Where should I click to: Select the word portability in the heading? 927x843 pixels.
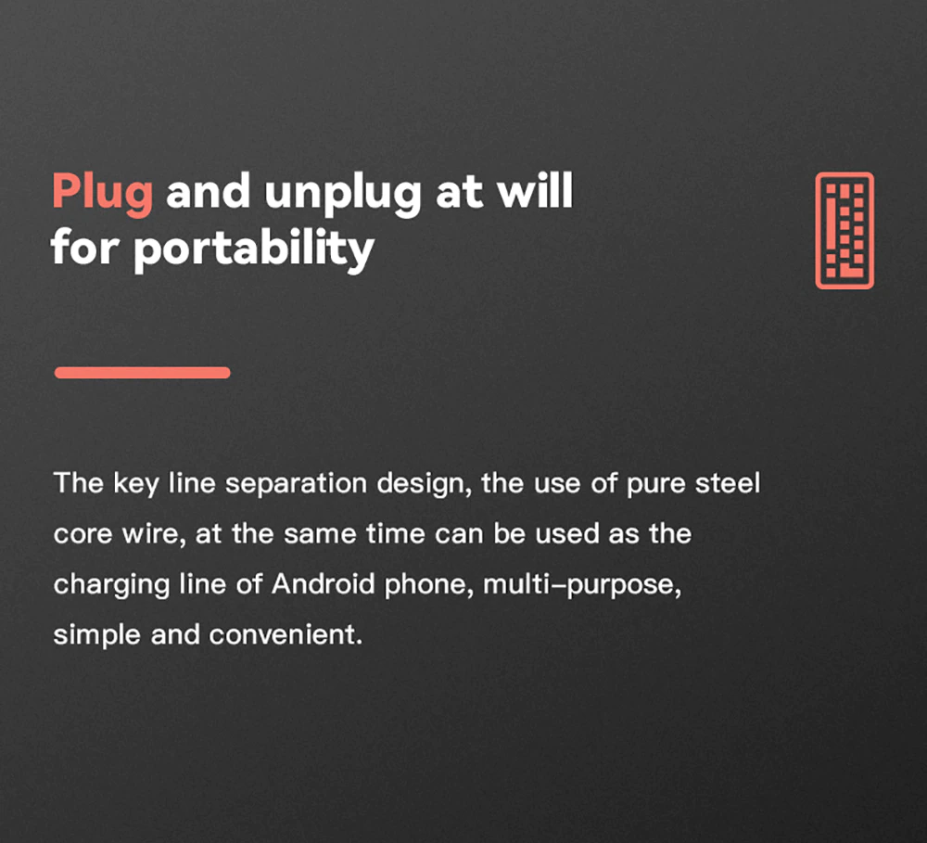click(x=254, y=249)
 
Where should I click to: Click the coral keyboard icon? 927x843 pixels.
click(x=844, y=231)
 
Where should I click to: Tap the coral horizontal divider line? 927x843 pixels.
click(x=143, y=372)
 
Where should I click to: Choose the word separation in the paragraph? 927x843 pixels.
click(x=297, y=484)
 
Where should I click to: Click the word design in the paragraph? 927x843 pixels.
click(x=425, y=484)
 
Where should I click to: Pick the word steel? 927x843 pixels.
click(x=727, y=483)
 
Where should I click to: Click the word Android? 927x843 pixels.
click(x=323, y=584)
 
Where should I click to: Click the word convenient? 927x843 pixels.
click(x=286, y=635)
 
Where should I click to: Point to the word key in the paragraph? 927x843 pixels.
click(x=135, y=484)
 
